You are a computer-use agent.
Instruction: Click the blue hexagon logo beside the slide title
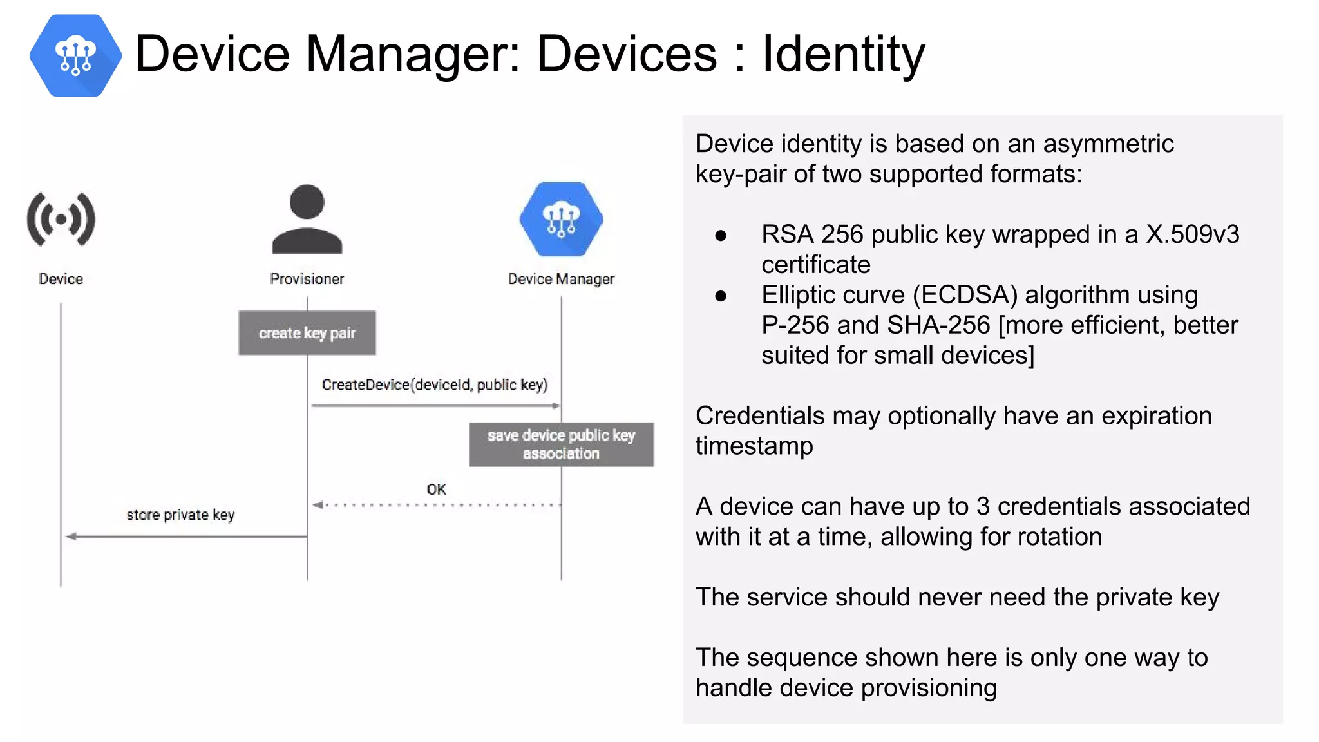click(75, 55)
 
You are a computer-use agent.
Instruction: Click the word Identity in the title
click(843, 54)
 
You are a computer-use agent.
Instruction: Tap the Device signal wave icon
click(61, 220)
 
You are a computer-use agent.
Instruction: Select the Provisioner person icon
click(307, 220)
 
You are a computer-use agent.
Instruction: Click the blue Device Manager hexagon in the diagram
click(561, 219)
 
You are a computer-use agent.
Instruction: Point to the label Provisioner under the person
click(307, 279)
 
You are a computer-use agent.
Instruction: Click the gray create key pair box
click(307, 333)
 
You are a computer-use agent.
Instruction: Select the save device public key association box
click(561, 444)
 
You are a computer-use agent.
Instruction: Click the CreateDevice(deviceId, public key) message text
click(435, 385)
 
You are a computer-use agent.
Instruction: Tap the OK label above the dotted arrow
click(436, 490)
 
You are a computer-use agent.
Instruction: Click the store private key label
click(180, 515)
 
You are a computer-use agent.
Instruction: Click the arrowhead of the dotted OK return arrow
click(318, 505)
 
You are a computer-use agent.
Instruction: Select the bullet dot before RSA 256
click(721, 236)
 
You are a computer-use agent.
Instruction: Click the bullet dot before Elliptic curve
click(721, 296)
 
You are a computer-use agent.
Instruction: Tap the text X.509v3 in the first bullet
click(1192, 234)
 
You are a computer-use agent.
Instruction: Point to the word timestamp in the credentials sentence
click(754, 446)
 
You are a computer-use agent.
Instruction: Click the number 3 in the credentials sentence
click(983, 506)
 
